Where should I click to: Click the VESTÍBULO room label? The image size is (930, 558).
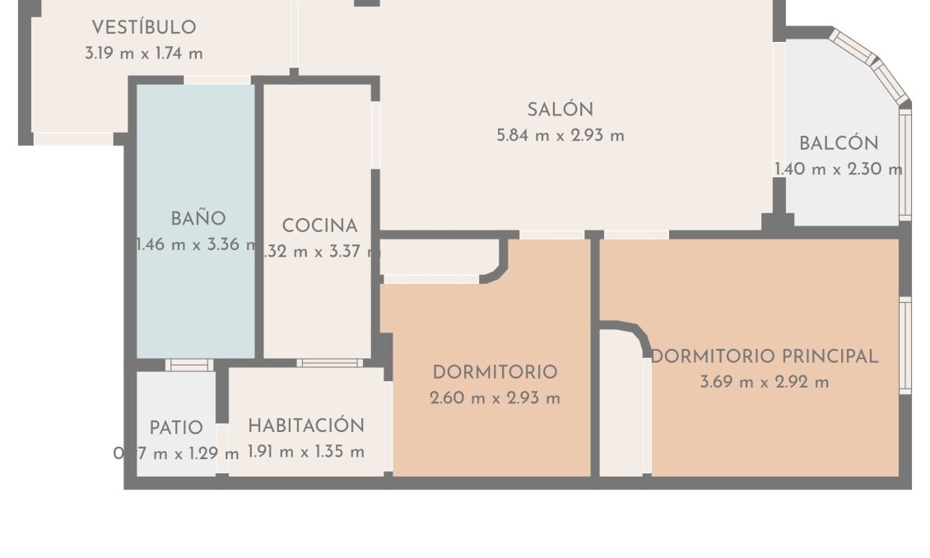[144, 27]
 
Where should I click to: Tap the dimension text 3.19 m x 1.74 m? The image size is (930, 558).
[144, 53]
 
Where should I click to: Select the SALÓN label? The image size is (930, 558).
[560, 109]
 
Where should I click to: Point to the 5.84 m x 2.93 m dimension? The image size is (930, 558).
[560, 136]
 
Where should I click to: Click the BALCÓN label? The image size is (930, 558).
[839, 143]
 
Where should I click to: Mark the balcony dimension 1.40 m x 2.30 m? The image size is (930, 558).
[839, 170]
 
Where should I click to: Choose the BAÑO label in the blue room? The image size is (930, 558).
[198, 219]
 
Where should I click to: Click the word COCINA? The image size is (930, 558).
[320, 226]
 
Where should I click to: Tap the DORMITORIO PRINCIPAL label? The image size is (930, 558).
[765, 356]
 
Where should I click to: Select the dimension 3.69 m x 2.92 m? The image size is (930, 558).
[765, 383]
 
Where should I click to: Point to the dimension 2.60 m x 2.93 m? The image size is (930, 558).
[495, 399]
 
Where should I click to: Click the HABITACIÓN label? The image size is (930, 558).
[306, 426]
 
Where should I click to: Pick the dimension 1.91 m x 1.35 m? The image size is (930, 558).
[306, 452]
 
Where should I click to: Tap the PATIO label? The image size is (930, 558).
[176, 428]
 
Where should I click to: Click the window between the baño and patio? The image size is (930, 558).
[188, 365]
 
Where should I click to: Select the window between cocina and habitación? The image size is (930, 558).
[329, 363]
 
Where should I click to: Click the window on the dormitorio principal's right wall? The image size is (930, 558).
[905, 345]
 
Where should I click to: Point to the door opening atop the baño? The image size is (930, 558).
[216, 80]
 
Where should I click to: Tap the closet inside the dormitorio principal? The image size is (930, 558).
[621, 403]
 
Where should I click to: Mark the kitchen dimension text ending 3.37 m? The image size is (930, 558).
[320, 253]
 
